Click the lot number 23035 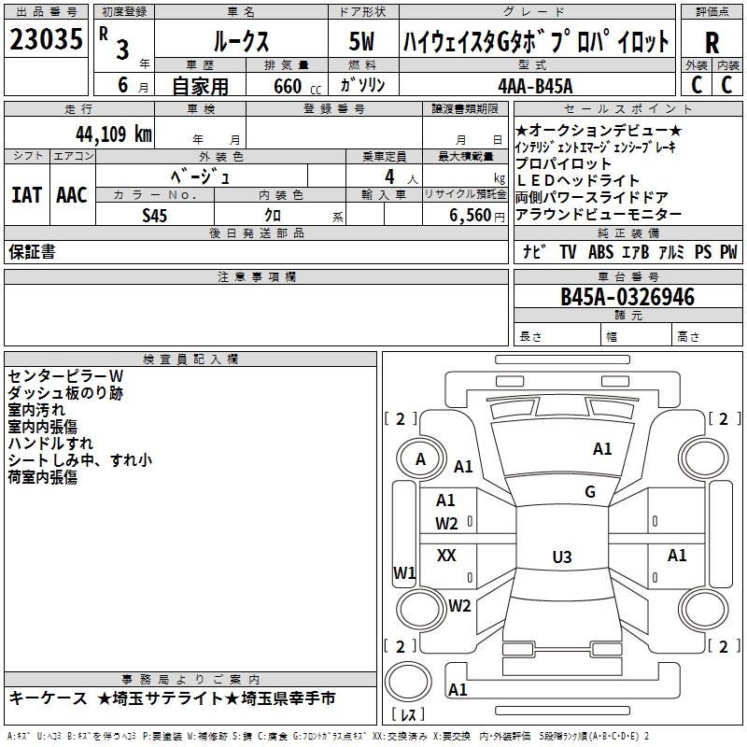point(46,39)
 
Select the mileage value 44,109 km point(113,134)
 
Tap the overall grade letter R point(712,43)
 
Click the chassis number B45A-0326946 point(627,297)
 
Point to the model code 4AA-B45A point(535,86)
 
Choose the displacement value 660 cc point(297,87)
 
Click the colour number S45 point(154,216)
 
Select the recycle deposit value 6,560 point(471,216)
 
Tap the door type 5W point(361,41)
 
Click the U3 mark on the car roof point(562,557)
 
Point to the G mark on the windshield point(590,492)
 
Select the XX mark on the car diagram point(446,555)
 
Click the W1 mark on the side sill point(404,572)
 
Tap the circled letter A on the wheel point(420,459)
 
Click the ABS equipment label point(600,252)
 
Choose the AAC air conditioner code point(72,195)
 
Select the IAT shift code point(26,195)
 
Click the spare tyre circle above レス point(408,682)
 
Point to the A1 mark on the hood point(602,449)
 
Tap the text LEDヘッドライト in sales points point(577,180)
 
